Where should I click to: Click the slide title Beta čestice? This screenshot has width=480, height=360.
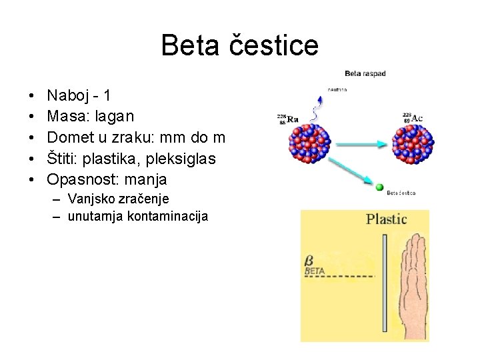coord(240,45)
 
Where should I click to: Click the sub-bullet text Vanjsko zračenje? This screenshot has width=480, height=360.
coord(118,199)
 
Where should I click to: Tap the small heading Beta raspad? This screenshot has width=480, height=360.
coord(365,73)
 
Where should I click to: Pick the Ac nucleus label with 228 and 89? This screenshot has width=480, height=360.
coord(411,119)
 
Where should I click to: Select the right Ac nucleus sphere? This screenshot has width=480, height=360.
coord(416,142)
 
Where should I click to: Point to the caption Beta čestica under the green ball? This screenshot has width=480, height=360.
coord(401,193)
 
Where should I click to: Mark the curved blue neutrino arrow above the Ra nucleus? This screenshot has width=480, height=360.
coord(320,104)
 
